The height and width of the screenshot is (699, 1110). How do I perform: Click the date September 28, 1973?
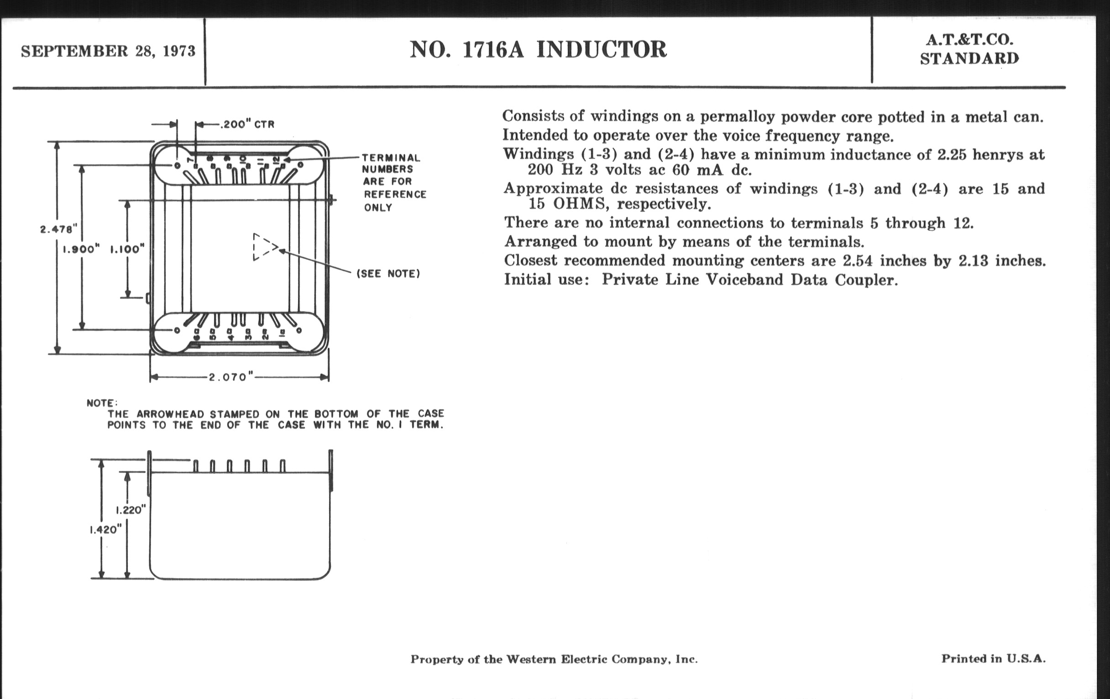tap(108, 51)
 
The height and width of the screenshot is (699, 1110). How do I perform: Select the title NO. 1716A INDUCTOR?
tap(538, 49)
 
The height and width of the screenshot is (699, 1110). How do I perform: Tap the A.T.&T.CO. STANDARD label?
tap(969, 49)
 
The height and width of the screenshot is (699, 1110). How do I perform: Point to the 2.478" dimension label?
tap(58, 229)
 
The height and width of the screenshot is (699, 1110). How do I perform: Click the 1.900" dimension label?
tap(81, 249)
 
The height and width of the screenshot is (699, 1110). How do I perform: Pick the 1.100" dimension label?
tap(127, 249)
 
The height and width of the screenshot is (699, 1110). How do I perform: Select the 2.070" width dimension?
tap(231, 377)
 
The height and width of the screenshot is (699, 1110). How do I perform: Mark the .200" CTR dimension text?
tap(247, 125)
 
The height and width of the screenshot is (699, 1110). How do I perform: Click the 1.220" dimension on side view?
tap(131, 510)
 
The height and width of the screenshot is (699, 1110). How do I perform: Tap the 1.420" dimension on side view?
tap(105, 530)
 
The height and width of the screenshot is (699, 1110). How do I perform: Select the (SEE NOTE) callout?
tap(388, 274)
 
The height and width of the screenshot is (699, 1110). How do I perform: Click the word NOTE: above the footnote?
tap(102, 403)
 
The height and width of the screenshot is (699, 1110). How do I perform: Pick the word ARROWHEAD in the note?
tap(171, 414)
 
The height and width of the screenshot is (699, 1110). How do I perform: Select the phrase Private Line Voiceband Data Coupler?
tap(749, 280)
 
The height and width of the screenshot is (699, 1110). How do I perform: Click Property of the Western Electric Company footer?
tap(554, 659)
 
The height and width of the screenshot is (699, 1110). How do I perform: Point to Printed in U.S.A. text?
tap(993, 658)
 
